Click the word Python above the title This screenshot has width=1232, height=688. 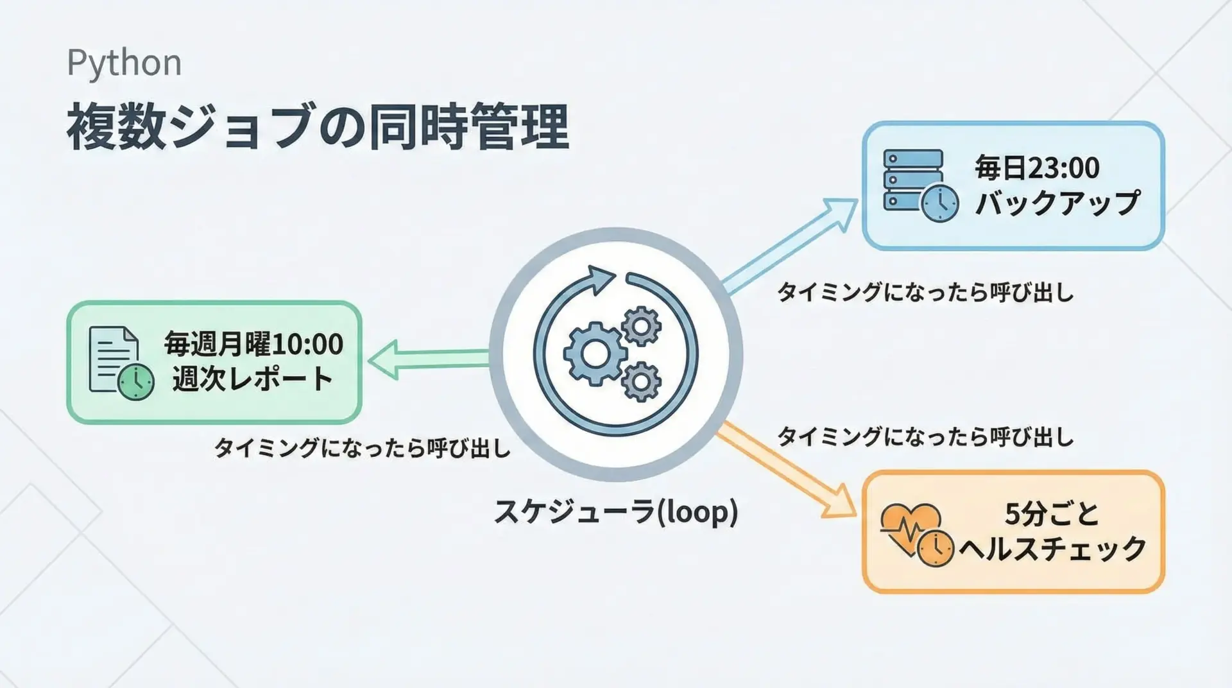coord(124,64)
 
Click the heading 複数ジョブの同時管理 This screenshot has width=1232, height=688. coord(317,127)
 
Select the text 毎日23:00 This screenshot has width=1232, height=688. coord(1037,168)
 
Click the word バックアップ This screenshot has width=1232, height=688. coord(1057,203)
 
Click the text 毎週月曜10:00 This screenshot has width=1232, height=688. coord(253,344)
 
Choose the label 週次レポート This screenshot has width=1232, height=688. coord(252,379)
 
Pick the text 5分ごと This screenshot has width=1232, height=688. coord(1052,514)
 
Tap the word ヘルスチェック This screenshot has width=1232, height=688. coord(1052,549)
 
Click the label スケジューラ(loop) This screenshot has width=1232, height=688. coord(615,512)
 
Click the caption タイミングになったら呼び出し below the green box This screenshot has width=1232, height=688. coord(362,448)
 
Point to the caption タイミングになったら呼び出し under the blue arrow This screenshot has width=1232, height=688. coord(925,293)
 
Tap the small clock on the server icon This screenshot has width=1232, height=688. coord(940,203)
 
